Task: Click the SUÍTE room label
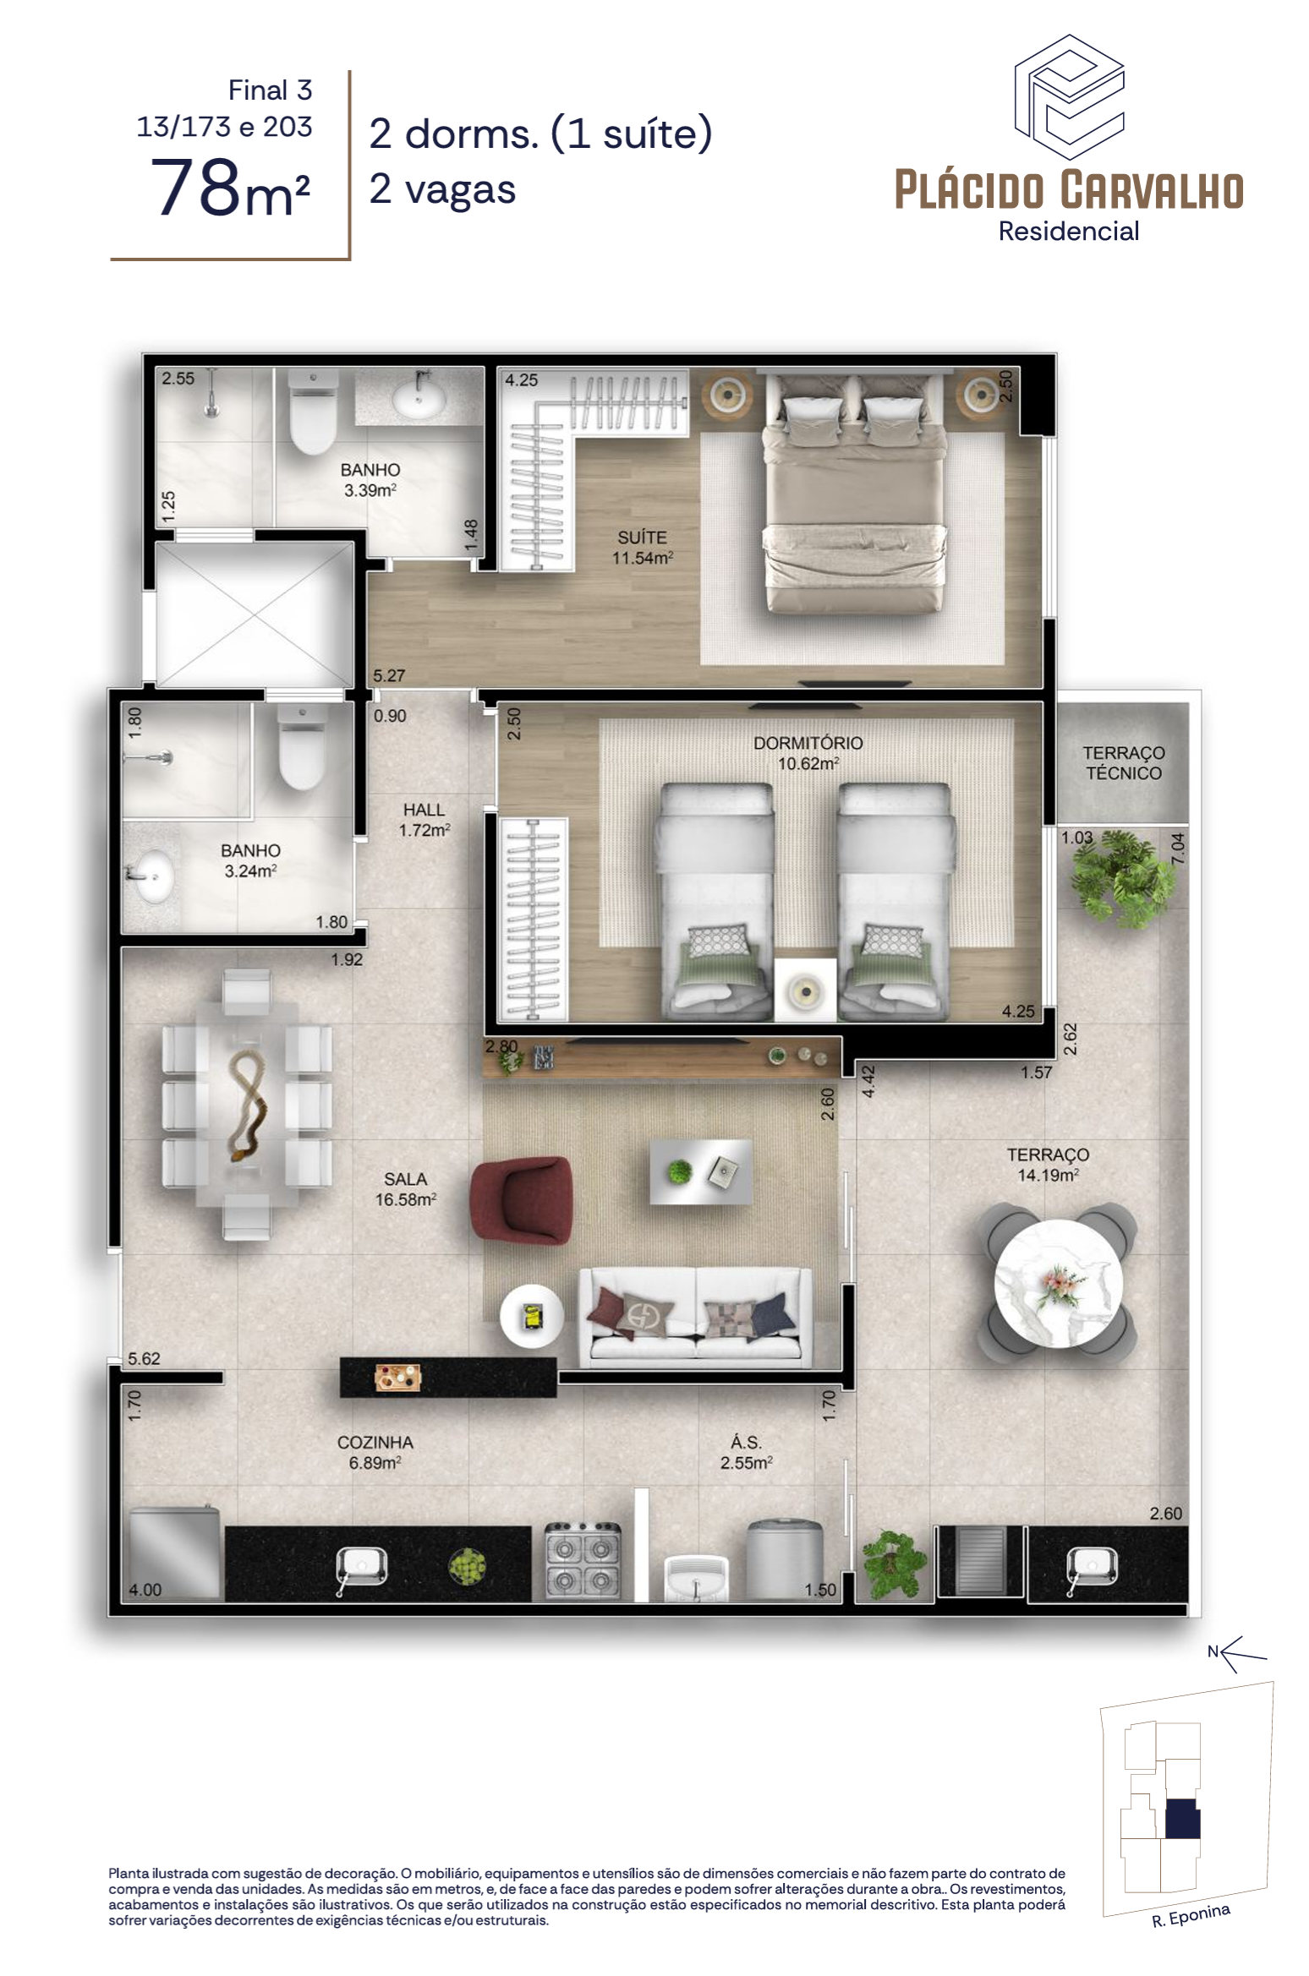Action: pyautogui.click(x=642, y=538)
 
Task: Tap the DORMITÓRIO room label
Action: pyautogui.click(x=808, y=743)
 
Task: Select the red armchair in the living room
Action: pyautogui.click(x=521, y=1201)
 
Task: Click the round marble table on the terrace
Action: pyautogui.click(x=1058, y=1283)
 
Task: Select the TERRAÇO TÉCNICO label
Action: pyautogui.click(x=1124, y=762)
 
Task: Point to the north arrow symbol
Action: pyautogui.click(x=1237, y=1652)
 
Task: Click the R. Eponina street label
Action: pyautogui.click(x=1191, y=1915)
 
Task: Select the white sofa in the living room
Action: pyautogui.click(x=695, y=1317)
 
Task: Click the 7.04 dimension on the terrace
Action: pyautogui.click(x=1178, y=849)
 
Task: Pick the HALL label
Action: pyautogui.click(x=424, y=810)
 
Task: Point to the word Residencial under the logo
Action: pyautogui.click(x=1068, y=231)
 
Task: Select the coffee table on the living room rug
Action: pyautogui.click(x=700, y=1171)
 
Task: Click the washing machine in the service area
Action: pyautogui.click(x=784, y=1560)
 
